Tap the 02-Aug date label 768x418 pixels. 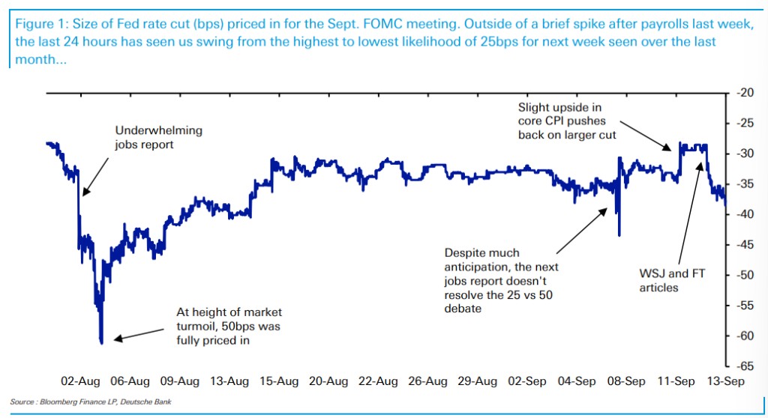[81, 381]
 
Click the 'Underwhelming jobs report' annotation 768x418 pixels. [158, 137]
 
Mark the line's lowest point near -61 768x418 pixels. [101, 342]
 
